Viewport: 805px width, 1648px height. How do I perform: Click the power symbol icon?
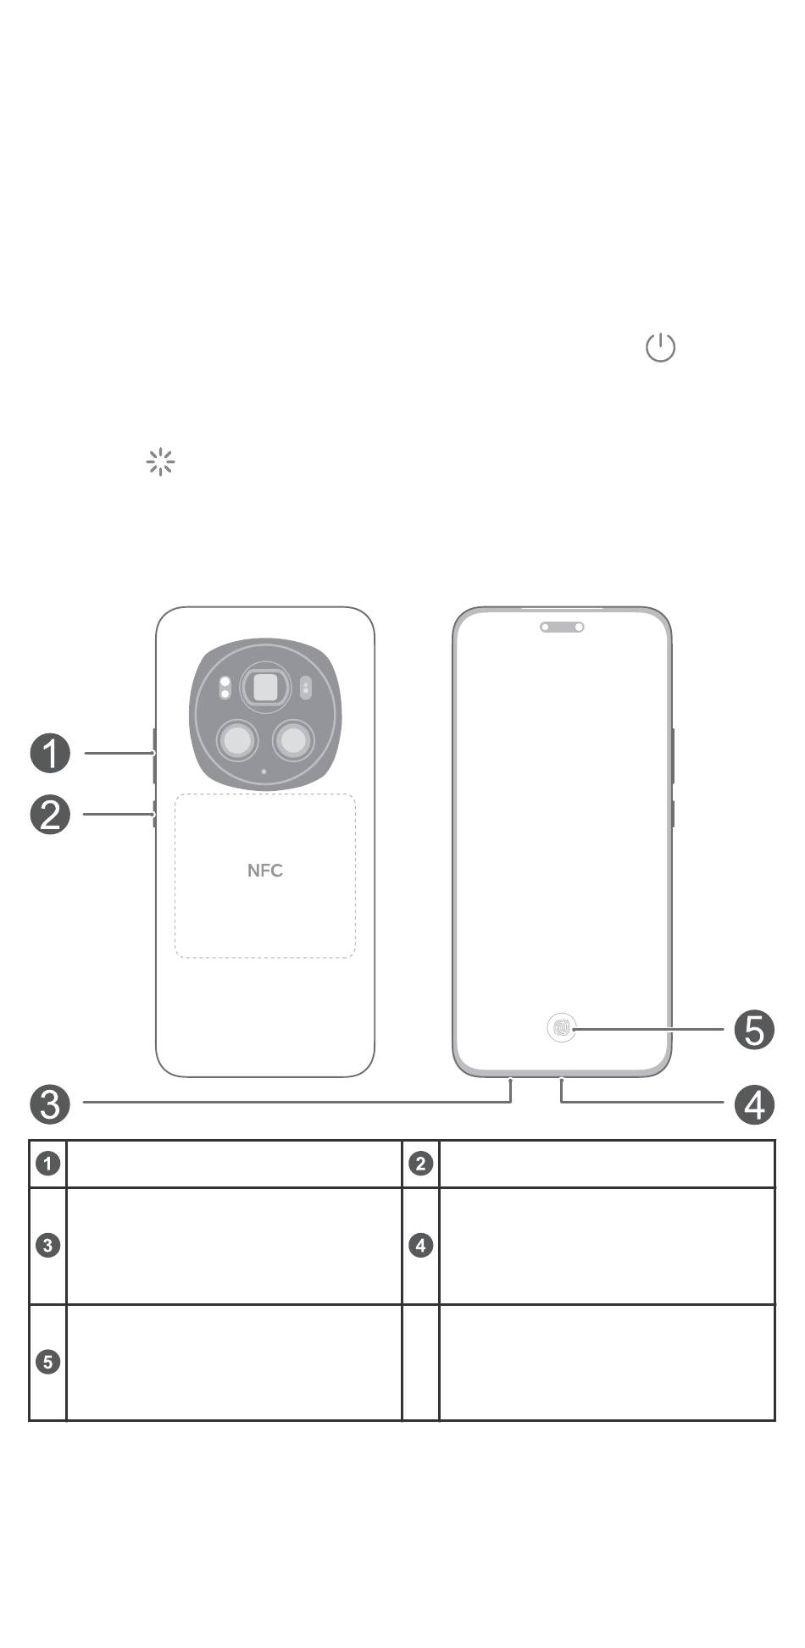pos(660,347)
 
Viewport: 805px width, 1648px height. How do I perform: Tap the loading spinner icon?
pos(160,462)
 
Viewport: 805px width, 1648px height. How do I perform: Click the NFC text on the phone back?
pos(265,871)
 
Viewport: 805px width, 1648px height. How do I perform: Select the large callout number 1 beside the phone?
pos(50,753)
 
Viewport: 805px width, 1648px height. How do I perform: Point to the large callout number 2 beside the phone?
pos(50,815)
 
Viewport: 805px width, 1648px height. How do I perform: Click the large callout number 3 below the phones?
pos(50,1104)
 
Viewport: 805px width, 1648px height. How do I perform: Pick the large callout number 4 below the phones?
pos(754,1104)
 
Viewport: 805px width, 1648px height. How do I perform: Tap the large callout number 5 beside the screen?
pos(754,1031)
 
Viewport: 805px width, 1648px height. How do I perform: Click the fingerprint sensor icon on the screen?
pos(562,1028)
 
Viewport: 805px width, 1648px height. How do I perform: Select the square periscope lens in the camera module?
pos(266,687)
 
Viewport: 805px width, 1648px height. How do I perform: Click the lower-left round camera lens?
pos(238,741)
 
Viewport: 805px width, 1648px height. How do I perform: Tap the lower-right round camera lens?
pos(293,741)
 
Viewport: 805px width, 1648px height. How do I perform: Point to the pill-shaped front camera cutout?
pos(562,628)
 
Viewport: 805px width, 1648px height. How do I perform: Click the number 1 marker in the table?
pos(48,1164)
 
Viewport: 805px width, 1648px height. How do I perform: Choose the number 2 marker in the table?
pos(420,1164)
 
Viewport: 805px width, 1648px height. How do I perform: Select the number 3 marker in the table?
pos(48,1246)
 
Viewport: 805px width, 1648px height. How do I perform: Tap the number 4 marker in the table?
pos(420,1246)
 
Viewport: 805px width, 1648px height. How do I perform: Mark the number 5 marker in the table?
pos(48,1362)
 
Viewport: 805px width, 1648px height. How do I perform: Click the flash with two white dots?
pos(225,687)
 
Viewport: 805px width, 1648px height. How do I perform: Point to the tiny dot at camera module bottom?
pos(264,771)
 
